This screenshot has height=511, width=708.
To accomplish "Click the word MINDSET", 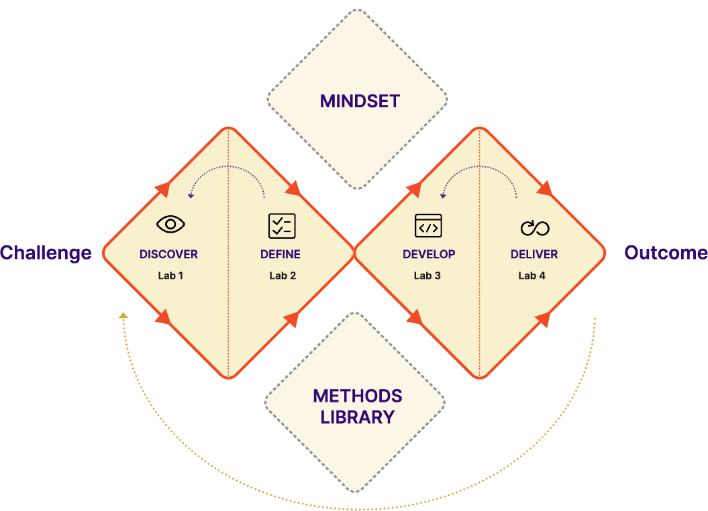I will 360,101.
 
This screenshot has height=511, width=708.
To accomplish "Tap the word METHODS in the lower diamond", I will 358,396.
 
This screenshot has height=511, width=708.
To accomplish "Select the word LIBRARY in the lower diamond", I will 358,417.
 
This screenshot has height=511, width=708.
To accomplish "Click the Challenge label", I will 46,253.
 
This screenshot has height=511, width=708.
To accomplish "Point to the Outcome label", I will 666,253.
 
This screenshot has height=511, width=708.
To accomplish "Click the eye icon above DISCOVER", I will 170,224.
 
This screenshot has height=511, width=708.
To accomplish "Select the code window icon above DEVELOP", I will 428,226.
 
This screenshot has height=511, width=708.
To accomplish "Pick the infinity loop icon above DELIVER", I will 535,228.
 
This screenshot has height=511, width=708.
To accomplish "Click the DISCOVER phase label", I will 168,255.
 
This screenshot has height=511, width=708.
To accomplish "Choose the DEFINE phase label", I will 281,255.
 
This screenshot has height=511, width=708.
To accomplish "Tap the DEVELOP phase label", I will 429,255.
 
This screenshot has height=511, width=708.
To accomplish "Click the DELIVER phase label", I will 534,255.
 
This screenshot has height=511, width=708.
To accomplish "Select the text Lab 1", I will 170,276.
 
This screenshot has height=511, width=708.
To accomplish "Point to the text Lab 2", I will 283,276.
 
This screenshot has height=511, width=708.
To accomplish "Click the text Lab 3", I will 427,276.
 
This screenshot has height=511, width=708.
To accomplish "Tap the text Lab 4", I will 532,276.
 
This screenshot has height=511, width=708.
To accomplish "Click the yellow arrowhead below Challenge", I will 123,315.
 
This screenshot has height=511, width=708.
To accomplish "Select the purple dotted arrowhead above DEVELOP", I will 443,196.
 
